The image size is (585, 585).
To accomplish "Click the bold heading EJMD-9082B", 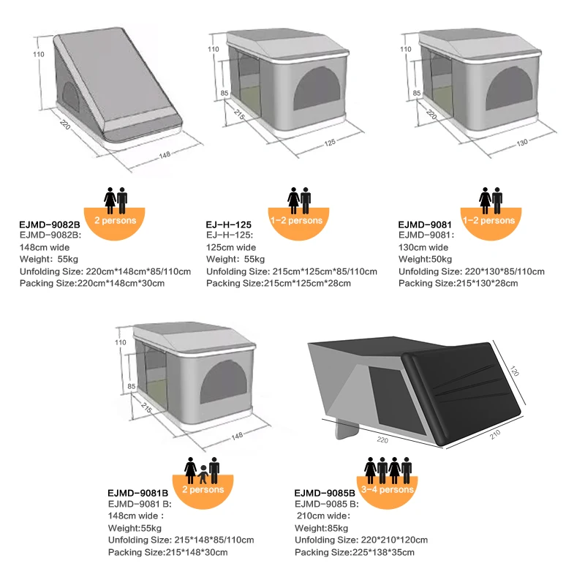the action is point(49,224).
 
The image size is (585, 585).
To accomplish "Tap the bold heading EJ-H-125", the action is point(229,224).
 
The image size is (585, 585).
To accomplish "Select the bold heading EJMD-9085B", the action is point(325,493).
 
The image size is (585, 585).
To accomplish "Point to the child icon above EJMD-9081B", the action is point(202,475).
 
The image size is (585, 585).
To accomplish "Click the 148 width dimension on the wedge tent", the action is point(165,154).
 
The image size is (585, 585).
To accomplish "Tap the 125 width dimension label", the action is point(330,142).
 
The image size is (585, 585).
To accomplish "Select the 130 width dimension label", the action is point(521,143).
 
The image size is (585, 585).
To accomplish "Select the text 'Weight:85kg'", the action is point(320,528).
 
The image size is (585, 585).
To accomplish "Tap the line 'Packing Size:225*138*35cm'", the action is point(362,552).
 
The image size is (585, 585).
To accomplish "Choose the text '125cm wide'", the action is point(231,247).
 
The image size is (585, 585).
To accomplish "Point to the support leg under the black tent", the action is point(344,432).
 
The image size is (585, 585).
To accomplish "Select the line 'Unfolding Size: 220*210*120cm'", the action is point(361,540).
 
